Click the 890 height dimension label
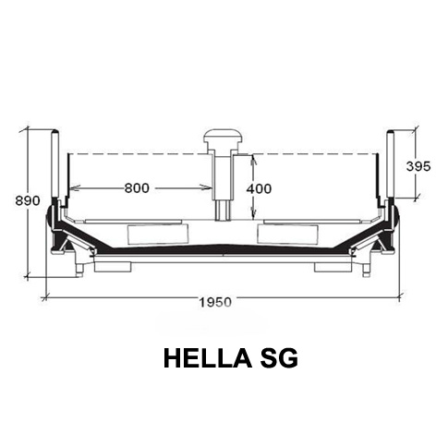[28, 200]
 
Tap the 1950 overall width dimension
[215, 302]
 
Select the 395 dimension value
[418, 166]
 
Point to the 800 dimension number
[137, 187]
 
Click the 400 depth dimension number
[259, 188]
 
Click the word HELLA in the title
[208, 358]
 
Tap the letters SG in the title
[279, 358]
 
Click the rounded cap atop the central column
[224, 137]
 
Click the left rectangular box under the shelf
[158, 235]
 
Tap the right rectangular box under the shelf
[288, 235]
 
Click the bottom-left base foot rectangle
[113, 267]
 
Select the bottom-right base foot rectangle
[333, 267]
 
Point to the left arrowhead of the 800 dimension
[75, 187]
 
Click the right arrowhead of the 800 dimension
[206, 187]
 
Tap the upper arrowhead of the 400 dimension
[253, 161]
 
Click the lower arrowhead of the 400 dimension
[253, 214]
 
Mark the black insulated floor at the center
[223, 249]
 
